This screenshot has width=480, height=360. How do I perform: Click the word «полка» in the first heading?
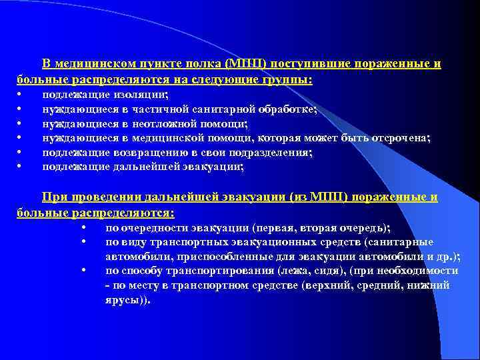[x=206, y=65]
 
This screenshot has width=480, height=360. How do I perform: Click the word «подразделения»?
[x=273, y=153]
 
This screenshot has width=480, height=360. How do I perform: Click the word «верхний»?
[x=325, y=285]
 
